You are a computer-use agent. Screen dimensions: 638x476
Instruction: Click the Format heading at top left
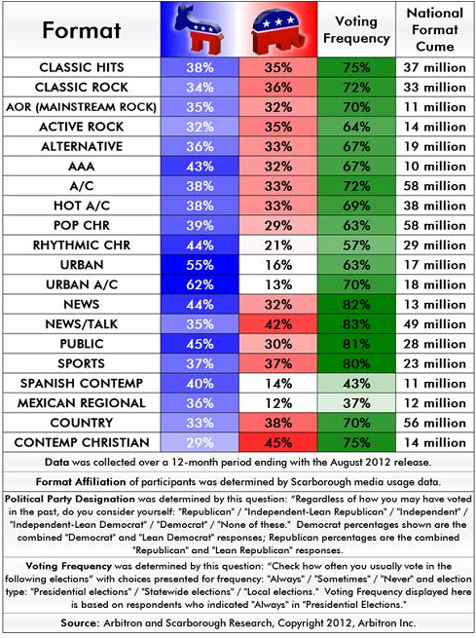click(x=81, y=30)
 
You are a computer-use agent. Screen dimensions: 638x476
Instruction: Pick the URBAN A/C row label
click(x=81, y=283)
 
